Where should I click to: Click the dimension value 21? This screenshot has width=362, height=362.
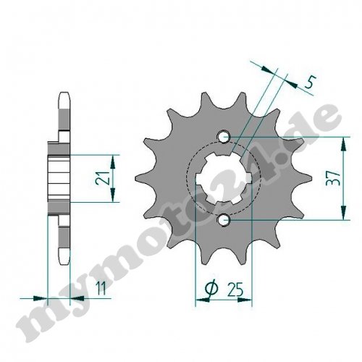(x=103, y=178)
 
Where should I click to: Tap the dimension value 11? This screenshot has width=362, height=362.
(x=101, y=288)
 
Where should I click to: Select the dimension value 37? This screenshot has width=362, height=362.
(x=333, y=178)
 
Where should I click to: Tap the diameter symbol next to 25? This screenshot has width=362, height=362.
(x=211, y=287)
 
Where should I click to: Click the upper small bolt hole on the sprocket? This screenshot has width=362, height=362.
(x=224, y=137)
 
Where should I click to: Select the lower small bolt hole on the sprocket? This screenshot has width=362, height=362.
(x=224, y=220)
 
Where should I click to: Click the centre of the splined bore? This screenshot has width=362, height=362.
(x=223, y=179)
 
